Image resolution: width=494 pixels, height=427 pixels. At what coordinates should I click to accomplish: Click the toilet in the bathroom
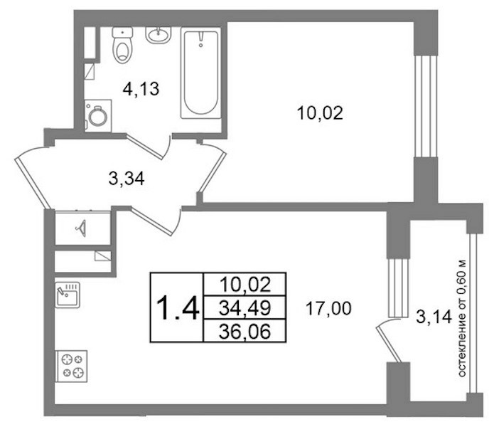click(122, 45)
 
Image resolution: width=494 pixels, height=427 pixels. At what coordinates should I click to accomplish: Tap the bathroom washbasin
click(159, 35)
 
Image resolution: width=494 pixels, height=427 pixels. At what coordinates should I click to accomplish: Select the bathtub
click(200, 73)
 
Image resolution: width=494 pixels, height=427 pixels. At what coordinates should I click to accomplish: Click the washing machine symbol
click(98, 116)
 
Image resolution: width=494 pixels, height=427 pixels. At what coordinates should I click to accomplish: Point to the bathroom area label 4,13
click(141, 89)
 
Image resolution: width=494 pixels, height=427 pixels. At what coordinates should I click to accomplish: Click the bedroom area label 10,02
click(320, 113)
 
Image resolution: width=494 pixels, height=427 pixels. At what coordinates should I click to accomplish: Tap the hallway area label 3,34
click(127, 179)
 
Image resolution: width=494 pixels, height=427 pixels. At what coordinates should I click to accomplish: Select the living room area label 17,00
click(328, 308)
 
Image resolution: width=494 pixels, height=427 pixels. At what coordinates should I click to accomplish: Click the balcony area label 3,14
click(434, 317)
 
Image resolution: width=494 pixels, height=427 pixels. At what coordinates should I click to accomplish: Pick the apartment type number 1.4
click(178, 307)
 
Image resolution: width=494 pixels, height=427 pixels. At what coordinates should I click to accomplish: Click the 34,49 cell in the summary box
click(245, 307)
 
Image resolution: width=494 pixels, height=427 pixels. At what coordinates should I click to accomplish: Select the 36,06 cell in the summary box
click(245, 331)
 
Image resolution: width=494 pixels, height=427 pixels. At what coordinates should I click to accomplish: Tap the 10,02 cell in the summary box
click(245, 284)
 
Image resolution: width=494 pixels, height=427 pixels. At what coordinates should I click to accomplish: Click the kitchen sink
click(68, 295)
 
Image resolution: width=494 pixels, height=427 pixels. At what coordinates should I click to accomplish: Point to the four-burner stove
click(71, 366)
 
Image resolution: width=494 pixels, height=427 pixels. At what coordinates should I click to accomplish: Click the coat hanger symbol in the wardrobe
click(81, 228)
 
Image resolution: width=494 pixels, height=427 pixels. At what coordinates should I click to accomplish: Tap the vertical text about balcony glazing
click(461, 318)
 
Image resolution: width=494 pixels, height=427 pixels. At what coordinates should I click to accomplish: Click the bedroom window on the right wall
click(425, 106)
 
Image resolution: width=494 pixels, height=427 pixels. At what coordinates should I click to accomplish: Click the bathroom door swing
click(149, 147)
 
